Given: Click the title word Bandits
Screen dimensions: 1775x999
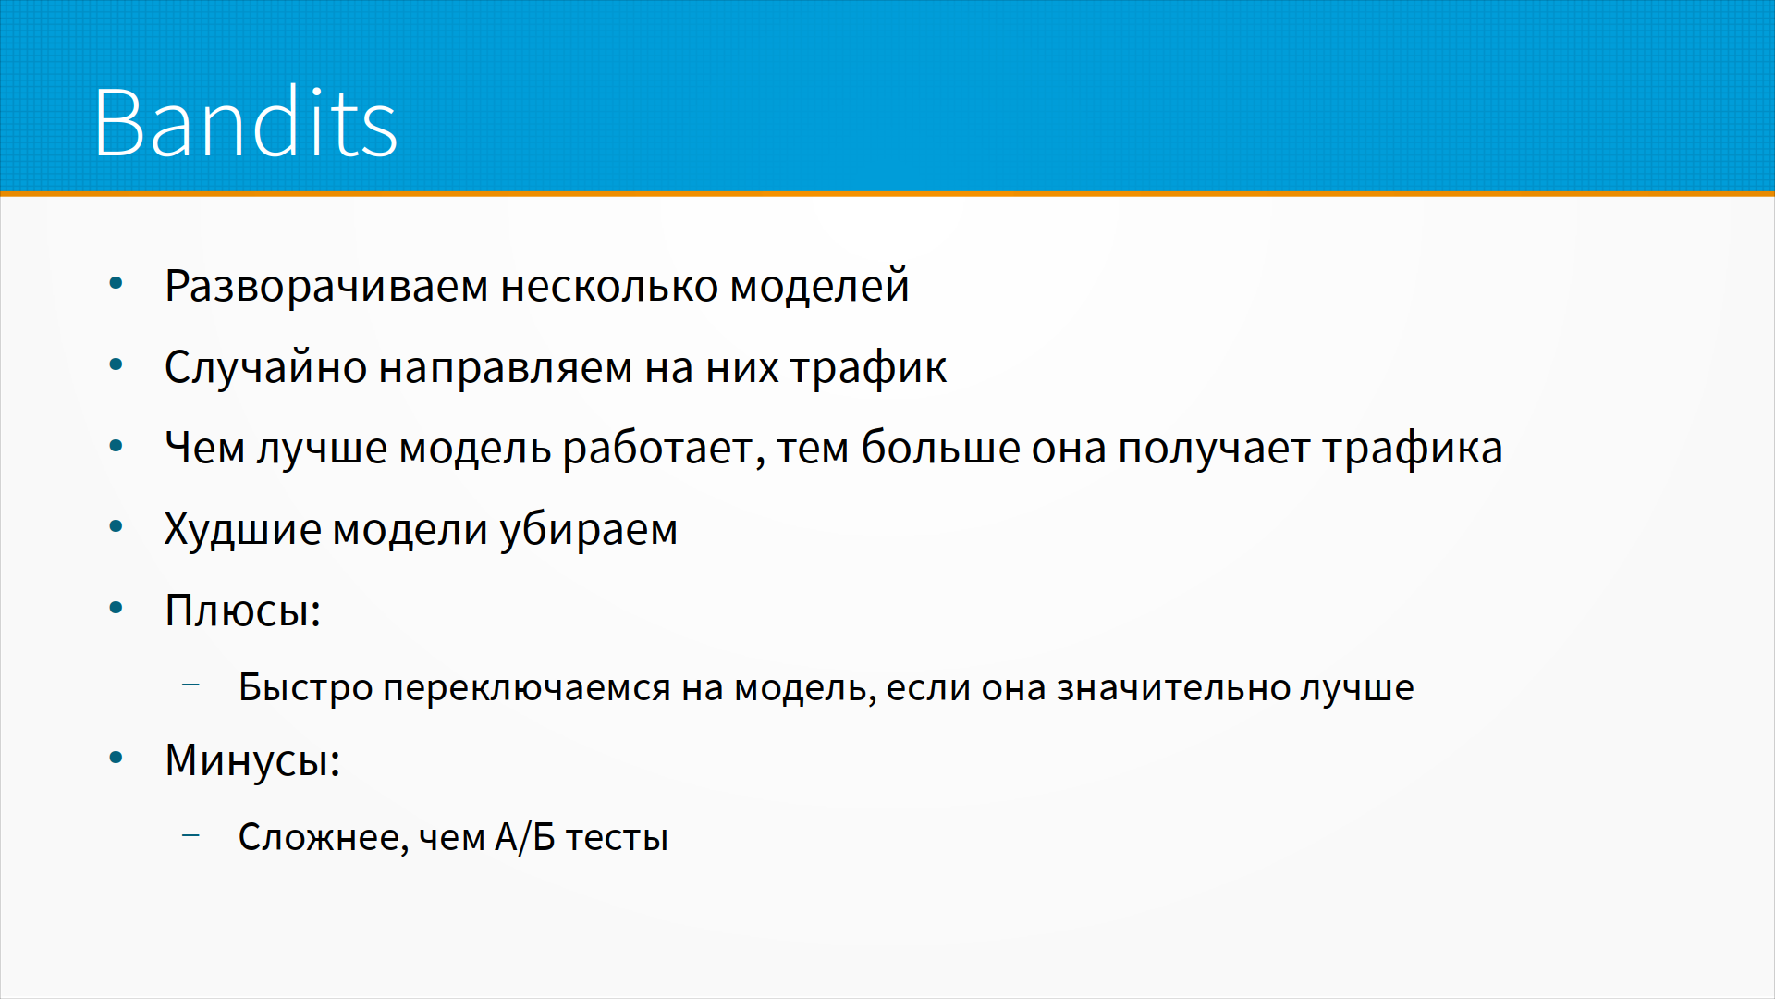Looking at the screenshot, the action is point(245,122).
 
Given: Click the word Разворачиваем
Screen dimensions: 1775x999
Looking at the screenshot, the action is point(326,287).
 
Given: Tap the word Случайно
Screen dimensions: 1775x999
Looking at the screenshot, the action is point(266,367).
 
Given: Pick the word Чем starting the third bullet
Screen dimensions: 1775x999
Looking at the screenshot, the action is point(204,448).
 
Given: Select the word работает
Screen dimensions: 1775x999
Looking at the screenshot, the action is point(664,449).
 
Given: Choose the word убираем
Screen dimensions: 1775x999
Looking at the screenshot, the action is point(589,530).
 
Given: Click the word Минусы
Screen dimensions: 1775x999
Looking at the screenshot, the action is point(252,761).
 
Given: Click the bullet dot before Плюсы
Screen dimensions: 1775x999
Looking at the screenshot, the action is point(116,608).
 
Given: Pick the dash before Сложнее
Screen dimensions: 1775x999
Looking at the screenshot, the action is point(191,834).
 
